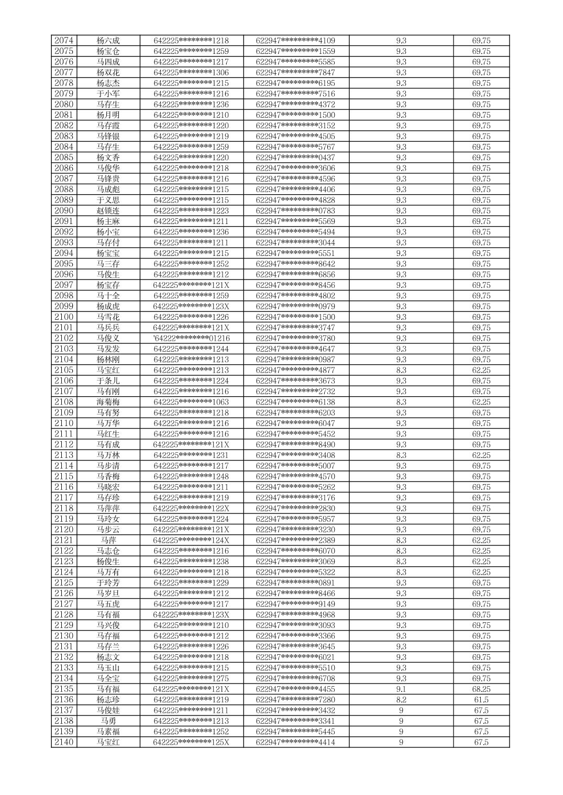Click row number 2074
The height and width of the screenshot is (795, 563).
[64, 40]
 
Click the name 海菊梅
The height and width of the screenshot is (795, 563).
[108, 402]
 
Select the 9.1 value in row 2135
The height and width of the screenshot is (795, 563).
[401, 689]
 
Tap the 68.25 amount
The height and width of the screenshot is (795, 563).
[481, 689]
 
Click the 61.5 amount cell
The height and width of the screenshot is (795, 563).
[481, 700]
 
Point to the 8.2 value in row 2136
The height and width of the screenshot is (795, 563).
[401, 700]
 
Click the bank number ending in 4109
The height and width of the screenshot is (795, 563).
[295, 40]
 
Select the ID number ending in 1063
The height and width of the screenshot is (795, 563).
[191, 402]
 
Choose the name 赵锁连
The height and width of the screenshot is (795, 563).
[108, 210]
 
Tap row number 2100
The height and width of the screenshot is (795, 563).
[64, 317]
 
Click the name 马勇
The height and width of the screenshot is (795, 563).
[108, 721]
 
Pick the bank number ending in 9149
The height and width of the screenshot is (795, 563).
[295, 604]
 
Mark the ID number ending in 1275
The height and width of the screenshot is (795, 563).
[191, 678]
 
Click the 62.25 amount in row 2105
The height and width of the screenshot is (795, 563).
[481, 370]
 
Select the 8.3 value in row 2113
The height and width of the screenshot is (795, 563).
[401, 455]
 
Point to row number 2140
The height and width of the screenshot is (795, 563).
[64, 742]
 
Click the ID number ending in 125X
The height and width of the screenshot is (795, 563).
[191, 742]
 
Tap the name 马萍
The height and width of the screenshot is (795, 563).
[108, 540]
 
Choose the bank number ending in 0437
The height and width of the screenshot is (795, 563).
[295, 158]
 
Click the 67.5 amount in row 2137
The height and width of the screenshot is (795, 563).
[481, 710]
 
